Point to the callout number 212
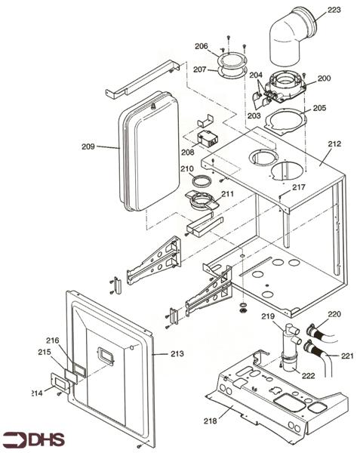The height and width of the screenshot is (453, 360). tap(334, 143)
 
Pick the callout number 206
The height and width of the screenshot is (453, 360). tap(201, 46)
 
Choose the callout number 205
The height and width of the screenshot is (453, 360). tap(319, 108)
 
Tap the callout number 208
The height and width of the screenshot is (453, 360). tap(187, 153)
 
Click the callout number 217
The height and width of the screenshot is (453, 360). tap(299, 186)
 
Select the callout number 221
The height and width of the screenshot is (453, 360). tap(346, 356)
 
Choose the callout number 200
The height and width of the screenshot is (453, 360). tap(325, 79)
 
